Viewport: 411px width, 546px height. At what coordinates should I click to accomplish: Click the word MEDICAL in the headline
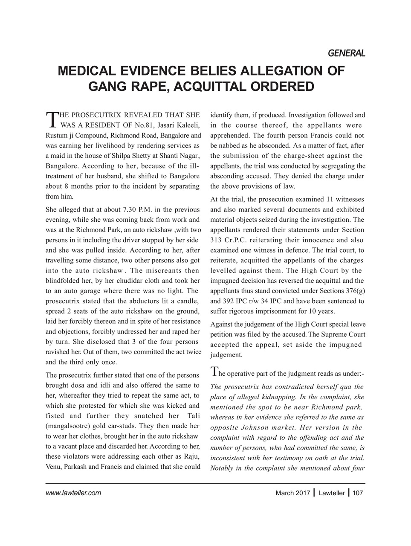tap(88, 70)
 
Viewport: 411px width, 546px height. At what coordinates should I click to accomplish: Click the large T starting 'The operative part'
tap(215, 372)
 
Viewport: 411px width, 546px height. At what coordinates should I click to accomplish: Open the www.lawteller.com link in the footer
tap(73, 493)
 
